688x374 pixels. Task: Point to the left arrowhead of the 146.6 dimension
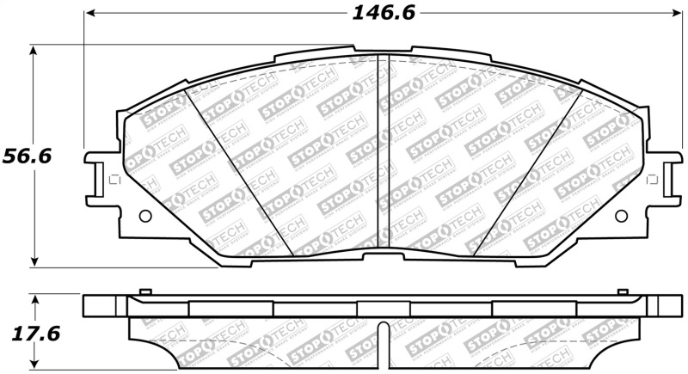tap(89, 14)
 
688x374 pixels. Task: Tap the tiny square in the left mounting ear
tap(109, 181)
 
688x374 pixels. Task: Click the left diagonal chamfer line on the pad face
tap(243, 172)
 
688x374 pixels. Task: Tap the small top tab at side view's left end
tap(145, 292)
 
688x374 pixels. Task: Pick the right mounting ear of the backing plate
tap(666, 181)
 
